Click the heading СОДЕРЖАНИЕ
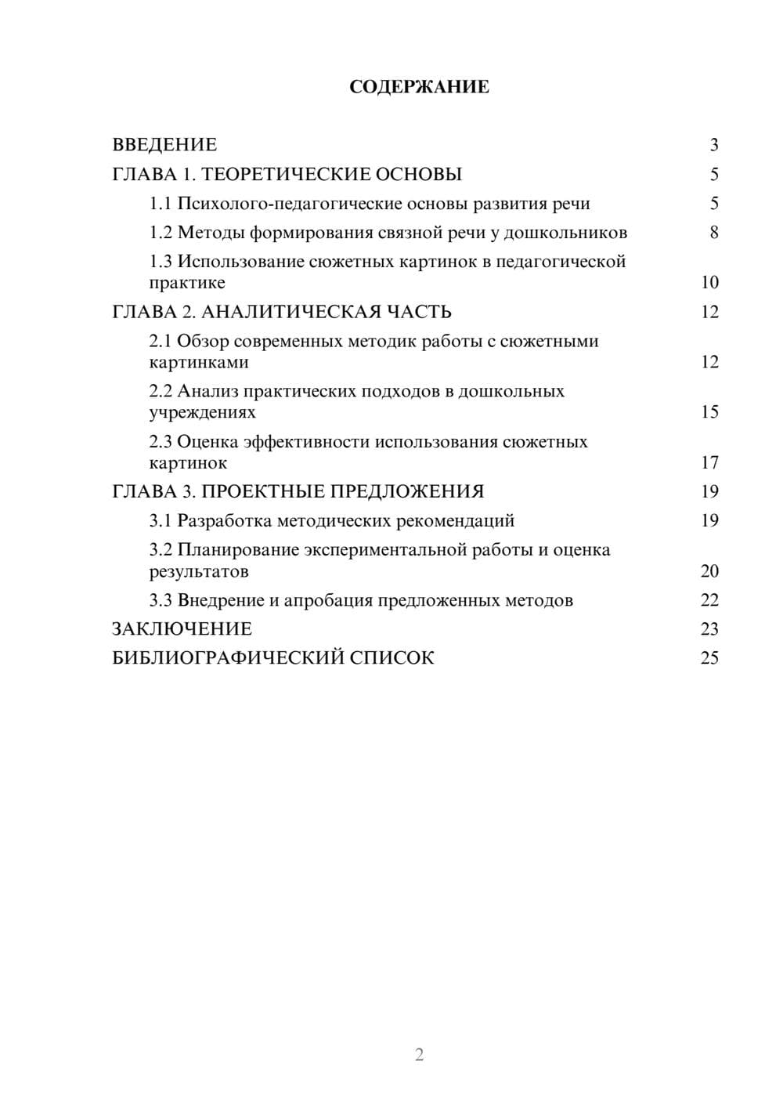[x=419, y=87]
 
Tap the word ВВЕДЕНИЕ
[x=164, y=145]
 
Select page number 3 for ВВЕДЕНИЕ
[x=713, y=145]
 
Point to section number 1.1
[x=161, y=204]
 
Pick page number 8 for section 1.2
[x=713, y=233]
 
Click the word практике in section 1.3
[x=187, y=283]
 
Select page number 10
[x=709, y=283]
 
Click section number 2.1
[x=161, y=342]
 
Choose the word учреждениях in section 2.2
[x=202, y=412]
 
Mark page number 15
[x=709, y=412]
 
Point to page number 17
[x=709, y=462]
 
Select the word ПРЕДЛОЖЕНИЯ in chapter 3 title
[x=406, y=491]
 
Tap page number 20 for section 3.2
[x=709, y=571]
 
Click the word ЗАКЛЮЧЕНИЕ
[x=182, y=629]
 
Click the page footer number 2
[x=419, y=1055]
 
